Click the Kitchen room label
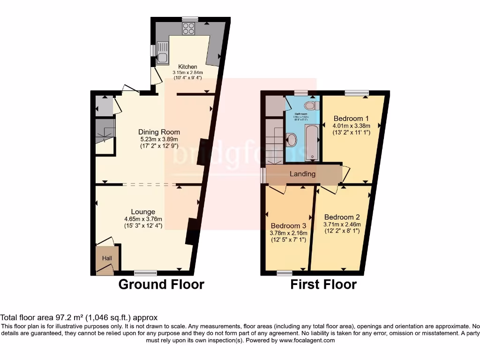(x=187, y=67)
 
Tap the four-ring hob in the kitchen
(x=188, y=29)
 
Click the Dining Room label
(x=159, y=132)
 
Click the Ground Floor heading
(x=161, y=285)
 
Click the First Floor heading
(x=323, y=285)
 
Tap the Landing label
(x=302, y=174)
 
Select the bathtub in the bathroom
(x=312, y=142)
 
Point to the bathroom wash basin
(x=291, y=140)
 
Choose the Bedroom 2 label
(x=342, y=217)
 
